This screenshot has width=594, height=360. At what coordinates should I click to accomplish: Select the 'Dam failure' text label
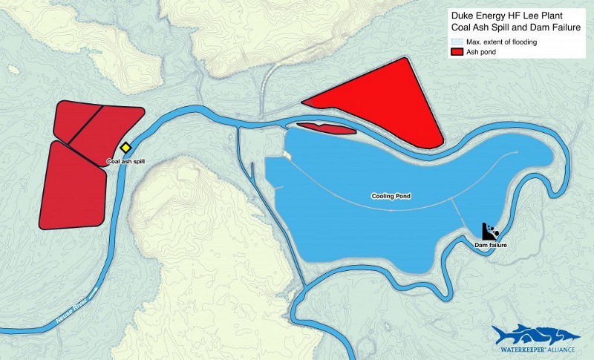tap(490, 244)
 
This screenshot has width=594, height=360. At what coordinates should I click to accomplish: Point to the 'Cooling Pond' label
tap(391, 197)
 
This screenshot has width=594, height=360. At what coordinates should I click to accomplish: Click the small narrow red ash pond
tap(325, 129)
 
